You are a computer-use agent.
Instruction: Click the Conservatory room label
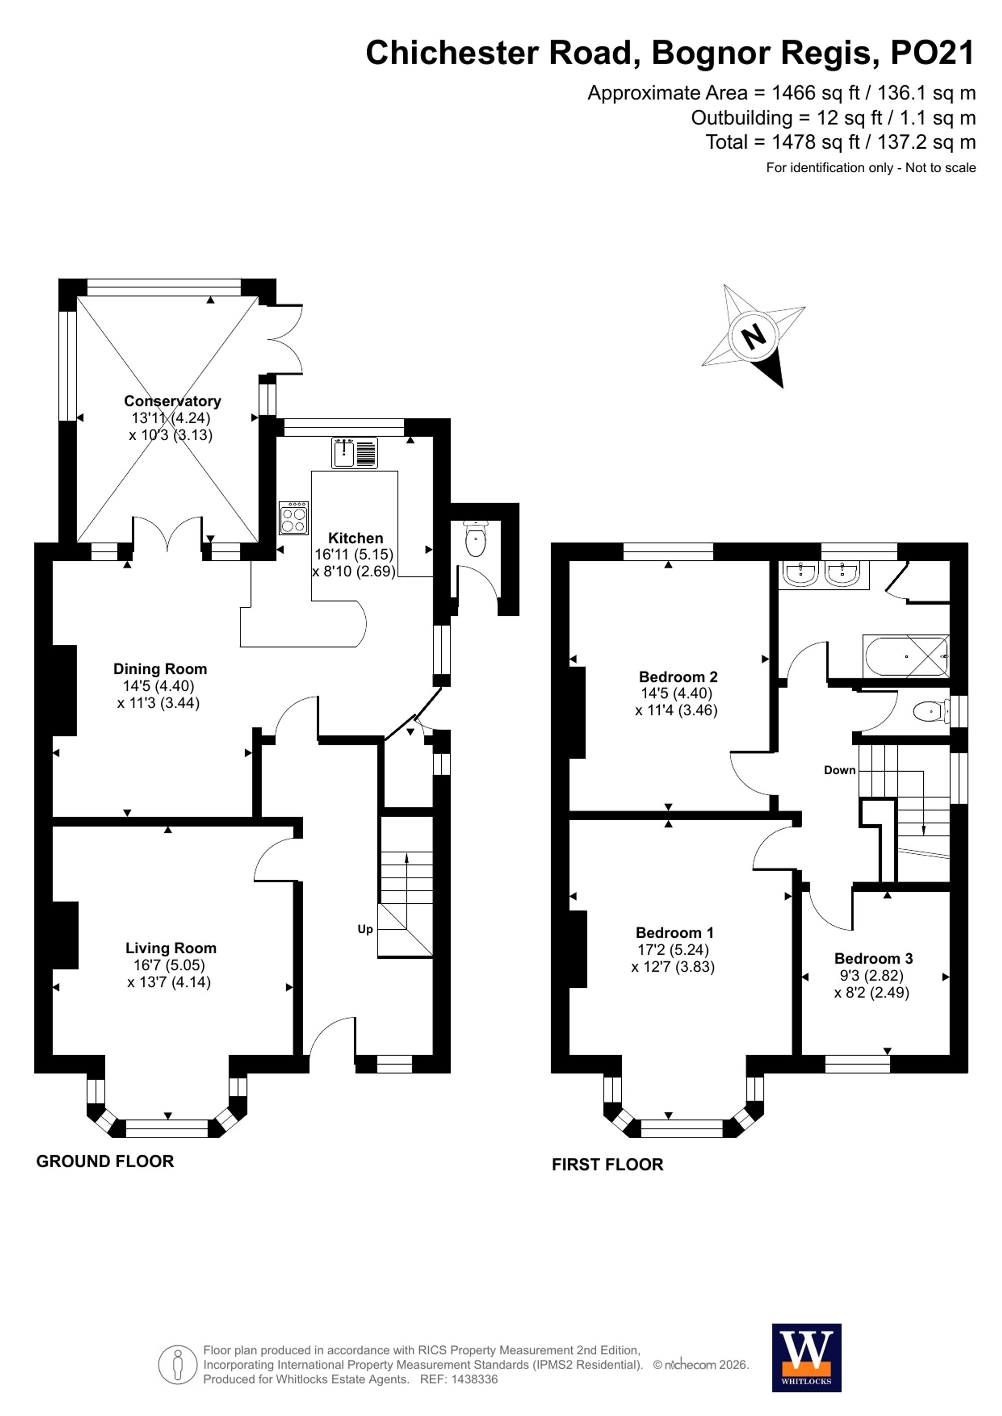pos(172,401)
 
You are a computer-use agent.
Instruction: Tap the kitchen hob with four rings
pos(294,517)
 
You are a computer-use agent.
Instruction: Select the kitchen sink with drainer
pos(355,453)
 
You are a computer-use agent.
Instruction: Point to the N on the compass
pos(754,337)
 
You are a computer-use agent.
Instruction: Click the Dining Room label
pos(160,669)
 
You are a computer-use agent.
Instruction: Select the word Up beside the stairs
pos(365,929)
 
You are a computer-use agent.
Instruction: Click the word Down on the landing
pos(840,770)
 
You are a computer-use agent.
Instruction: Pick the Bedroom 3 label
pos(873,958)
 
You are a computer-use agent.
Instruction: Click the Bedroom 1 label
pos(674,932)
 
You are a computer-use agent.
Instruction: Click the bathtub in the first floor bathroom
pos(906,656)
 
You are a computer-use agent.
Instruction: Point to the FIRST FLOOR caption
pos(608,1164)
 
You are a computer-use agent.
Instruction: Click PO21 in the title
pos(932,53)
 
